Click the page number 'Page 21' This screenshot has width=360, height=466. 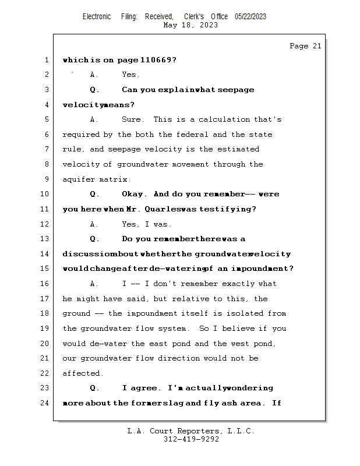[x=305, y=46]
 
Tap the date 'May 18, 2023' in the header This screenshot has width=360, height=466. [x=190, y=25]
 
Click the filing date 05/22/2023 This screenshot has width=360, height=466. [x=250, y=16]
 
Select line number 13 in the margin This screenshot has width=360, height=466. [x=45, y=239]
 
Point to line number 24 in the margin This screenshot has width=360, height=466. [x=45, y=403]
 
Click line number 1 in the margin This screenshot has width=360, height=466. [x=45, y=60]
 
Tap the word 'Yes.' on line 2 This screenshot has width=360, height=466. [x=130, y=75]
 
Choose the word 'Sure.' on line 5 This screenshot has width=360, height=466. [x=132, y=119]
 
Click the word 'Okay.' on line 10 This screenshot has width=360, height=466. [x=135, y=194]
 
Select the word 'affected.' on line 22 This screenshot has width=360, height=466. [x=83, y=373]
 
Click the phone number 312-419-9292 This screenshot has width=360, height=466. [x=191, y=439]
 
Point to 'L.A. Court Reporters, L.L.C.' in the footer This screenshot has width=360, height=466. [x=190, y=431]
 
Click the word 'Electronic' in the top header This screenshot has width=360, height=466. [x=97, y=16]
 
